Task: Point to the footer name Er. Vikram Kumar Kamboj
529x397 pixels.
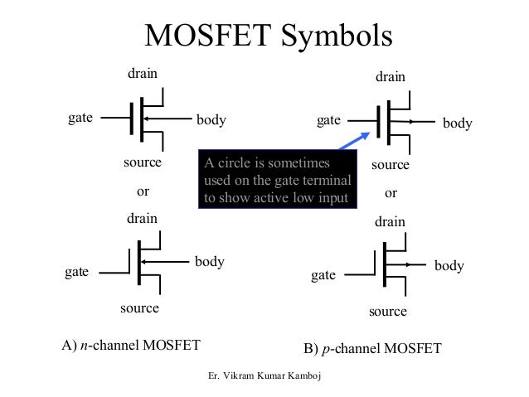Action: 266,377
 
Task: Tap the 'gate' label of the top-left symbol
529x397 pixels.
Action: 80,119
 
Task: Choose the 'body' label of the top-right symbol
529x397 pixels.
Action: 457,123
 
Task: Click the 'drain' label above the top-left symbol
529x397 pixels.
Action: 142,75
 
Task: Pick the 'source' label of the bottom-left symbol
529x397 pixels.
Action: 139,308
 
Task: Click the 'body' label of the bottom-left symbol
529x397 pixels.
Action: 210,262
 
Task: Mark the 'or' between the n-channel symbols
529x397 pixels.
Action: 142,191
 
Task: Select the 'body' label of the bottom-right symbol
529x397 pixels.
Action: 449,266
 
